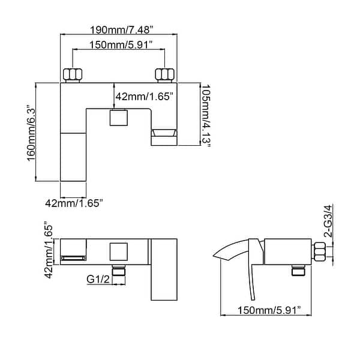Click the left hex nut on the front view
[73, 75]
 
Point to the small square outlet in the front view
[119, 118]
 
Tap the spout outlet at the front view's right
[163, 137]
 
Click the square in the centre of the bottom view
[119, 252]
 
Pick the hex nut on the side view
[320, 251]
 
